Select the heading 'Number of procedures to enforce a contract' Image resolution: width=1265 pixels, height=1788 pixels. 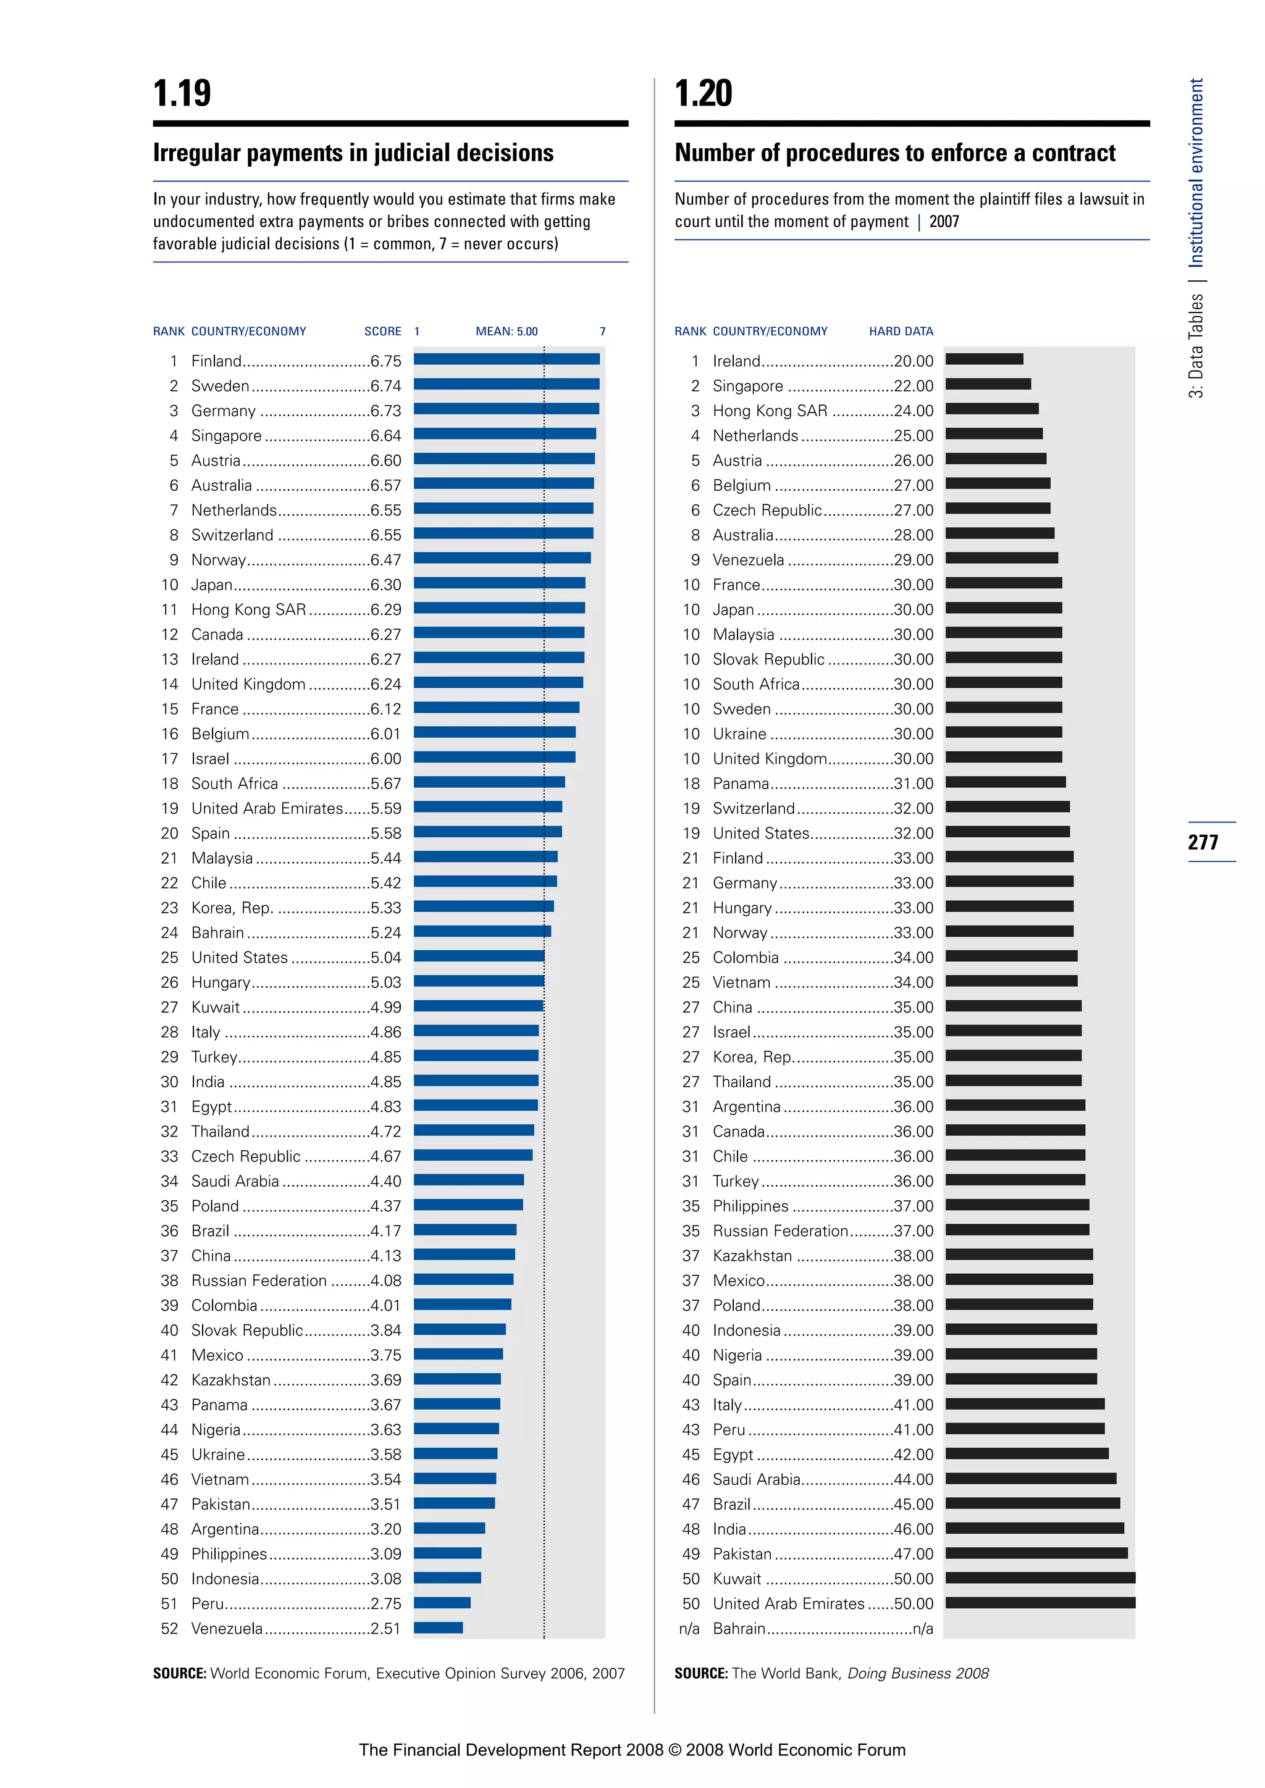[x=895, y=152]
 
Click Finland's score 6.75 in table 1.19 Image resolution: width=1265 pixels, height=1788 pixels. [x=385, y=361]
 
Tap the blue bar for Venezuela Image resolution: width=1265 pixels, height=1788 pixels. [x=438, y=1627]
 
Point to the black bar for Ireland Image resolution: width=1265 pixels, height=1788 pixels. [x=984, y=359]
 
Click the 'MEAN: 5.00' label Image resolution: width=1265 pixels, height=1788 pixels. [x=506, y=331]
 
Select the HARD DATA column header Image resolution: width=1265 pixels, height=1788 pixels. [x=901, y=331]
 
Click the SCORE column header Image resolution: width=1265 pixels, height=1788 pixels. [x=382, y=331]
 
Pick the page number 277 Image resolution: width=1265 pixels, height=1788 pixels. [x=1203, y=842]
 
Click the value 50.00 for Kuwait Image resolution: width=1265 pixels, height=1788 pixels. [x=913, y=1579]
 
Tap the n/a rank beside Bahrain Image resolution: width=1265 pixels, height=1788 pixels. [x=689, y=1628]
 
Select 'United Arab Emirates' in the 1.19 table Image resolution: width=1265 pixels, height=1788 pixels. [x=266, y=808]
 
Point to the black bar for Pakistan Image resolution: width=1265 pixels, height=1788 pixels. [x=1036, y=1553]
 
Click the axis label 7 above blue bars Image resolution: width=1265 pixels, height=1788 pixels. [x=602, y=331]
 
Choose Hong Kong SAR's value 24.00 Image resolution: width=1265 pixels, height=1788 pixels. [x=913, y=411]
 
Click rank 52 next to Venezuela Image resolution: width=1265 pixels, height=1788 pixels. [x=169, y=1628]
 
